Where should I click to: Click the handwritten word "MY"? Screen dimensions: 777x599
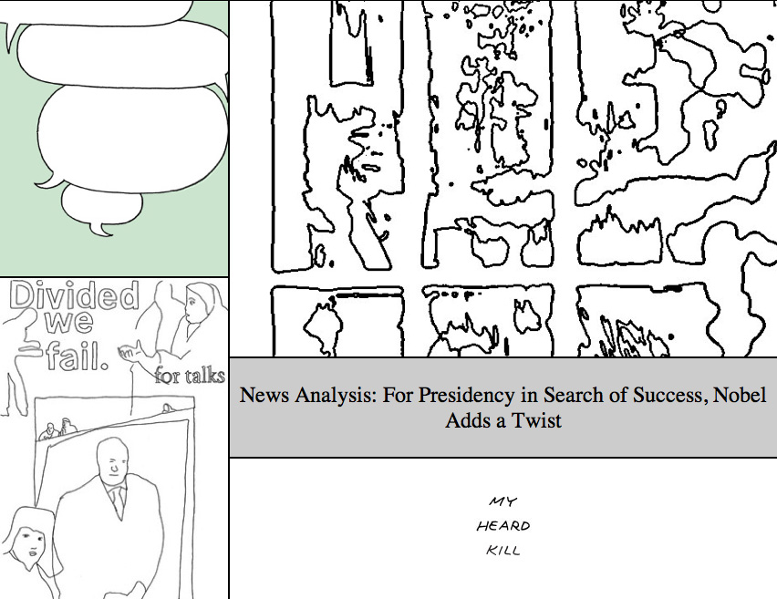pos(503,501)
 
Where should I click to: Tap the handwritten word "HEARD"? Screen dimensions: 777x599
pos(503,526)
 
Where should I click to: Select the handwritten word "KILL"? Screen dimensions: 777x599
pos(503,550)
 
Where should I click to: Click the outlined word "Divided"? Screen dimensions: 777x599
pos(75,295)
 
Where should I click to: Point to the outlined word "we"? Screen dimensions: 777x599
pos(69,322)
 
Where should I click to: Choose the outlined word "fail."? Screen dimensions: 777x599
pos(78,355)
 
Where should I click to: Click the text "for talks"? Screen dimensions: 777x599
pos(190,376)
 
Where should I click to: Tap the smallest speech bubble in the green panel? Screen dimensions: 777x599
pos(101,206)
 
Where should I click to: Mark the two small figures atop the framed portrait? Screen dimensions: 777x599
pos(57,430)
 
